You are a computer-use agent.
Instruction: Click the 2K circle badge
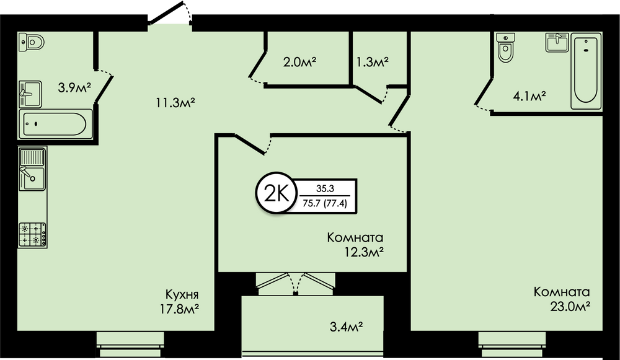point(276,193)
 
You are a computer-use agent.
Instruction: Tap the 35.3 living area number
point(325,189)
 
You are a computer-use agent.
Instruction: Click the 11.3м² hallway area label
point(175,103)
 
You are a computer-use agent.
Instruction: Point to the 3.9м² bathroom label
point(75,87)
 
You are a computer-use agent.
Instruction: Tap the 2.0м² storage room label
point(300,62)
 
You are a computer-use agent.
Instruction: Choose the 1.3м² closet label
point(373,62)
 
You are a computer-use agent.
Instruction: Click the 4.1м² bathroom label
point(529,96)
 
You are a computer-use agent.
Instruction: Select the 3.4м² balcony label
point(347,327)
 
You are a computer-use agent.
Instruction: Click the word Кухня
point(182,294)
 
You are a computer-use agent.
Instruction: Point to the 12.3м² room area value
point(364,252)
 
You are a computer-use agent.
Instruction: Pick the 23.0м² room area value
point(570,306)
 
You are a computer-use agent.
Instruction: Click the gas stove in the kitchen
point(32,235)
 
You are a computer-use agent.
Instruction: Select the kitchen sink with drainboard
point(32,169)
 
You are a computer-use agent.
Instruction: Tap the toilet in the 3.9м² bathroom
point(31,42)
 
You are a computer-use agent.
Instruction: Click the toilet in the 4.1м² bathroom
point(505,48)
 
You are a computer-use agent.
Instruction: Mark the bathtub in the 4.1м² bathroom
point(586,71)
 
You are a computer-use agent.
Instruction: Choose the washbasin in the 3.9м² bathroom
point(30,94)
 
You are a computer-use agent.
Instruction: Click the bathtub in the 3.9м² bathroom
point(55,124)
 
